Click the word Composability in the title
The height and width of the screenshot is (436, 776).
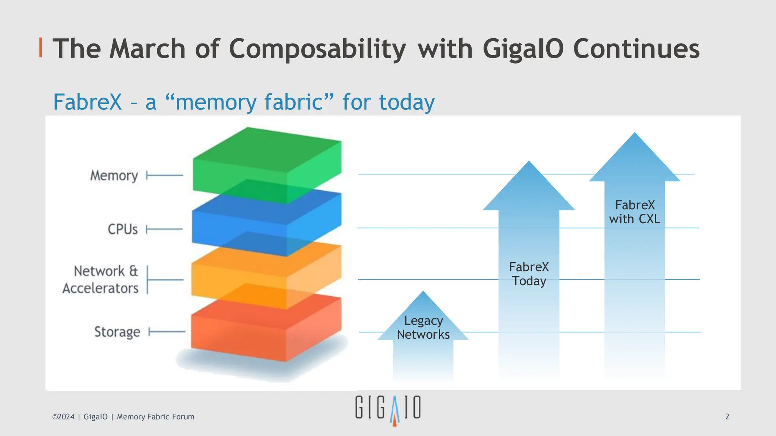coord(317,49)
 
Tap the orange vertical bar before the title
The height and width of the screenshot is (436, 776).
coord(41,48)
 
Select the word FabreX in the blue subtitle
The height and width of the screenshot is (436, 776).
coord(88,102)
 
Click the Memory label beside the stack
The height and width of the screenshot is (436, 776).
coord(114,176)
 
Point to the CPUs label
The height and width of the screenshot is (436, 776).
coord(122,229)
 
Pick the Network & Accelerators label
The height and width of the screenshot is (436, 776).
coord(101,280)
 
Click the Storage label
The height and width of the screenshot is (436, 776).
coord(117,332)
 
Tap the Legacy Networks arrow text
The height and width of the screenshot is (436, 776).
coord(423,328)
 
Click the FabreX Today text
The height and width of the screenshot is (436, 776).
coord(529,274)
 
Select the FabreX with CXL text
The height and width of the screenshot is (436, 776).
coord(635,212)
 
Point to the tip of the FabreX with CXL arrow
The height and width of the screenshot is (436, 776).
coord(635,134)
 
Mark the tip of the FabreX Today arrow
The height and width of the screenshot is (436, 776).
coord(529,163)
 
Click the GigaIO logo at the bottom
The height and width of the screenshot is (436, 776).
coord(388,409)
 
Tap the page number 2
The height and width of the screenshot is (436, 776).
coord(727,417)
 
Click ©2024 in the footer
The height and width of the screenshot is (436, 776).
coord(63,417)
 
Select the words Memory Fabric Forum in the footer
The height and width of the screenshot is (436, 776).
coord(155,417)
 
